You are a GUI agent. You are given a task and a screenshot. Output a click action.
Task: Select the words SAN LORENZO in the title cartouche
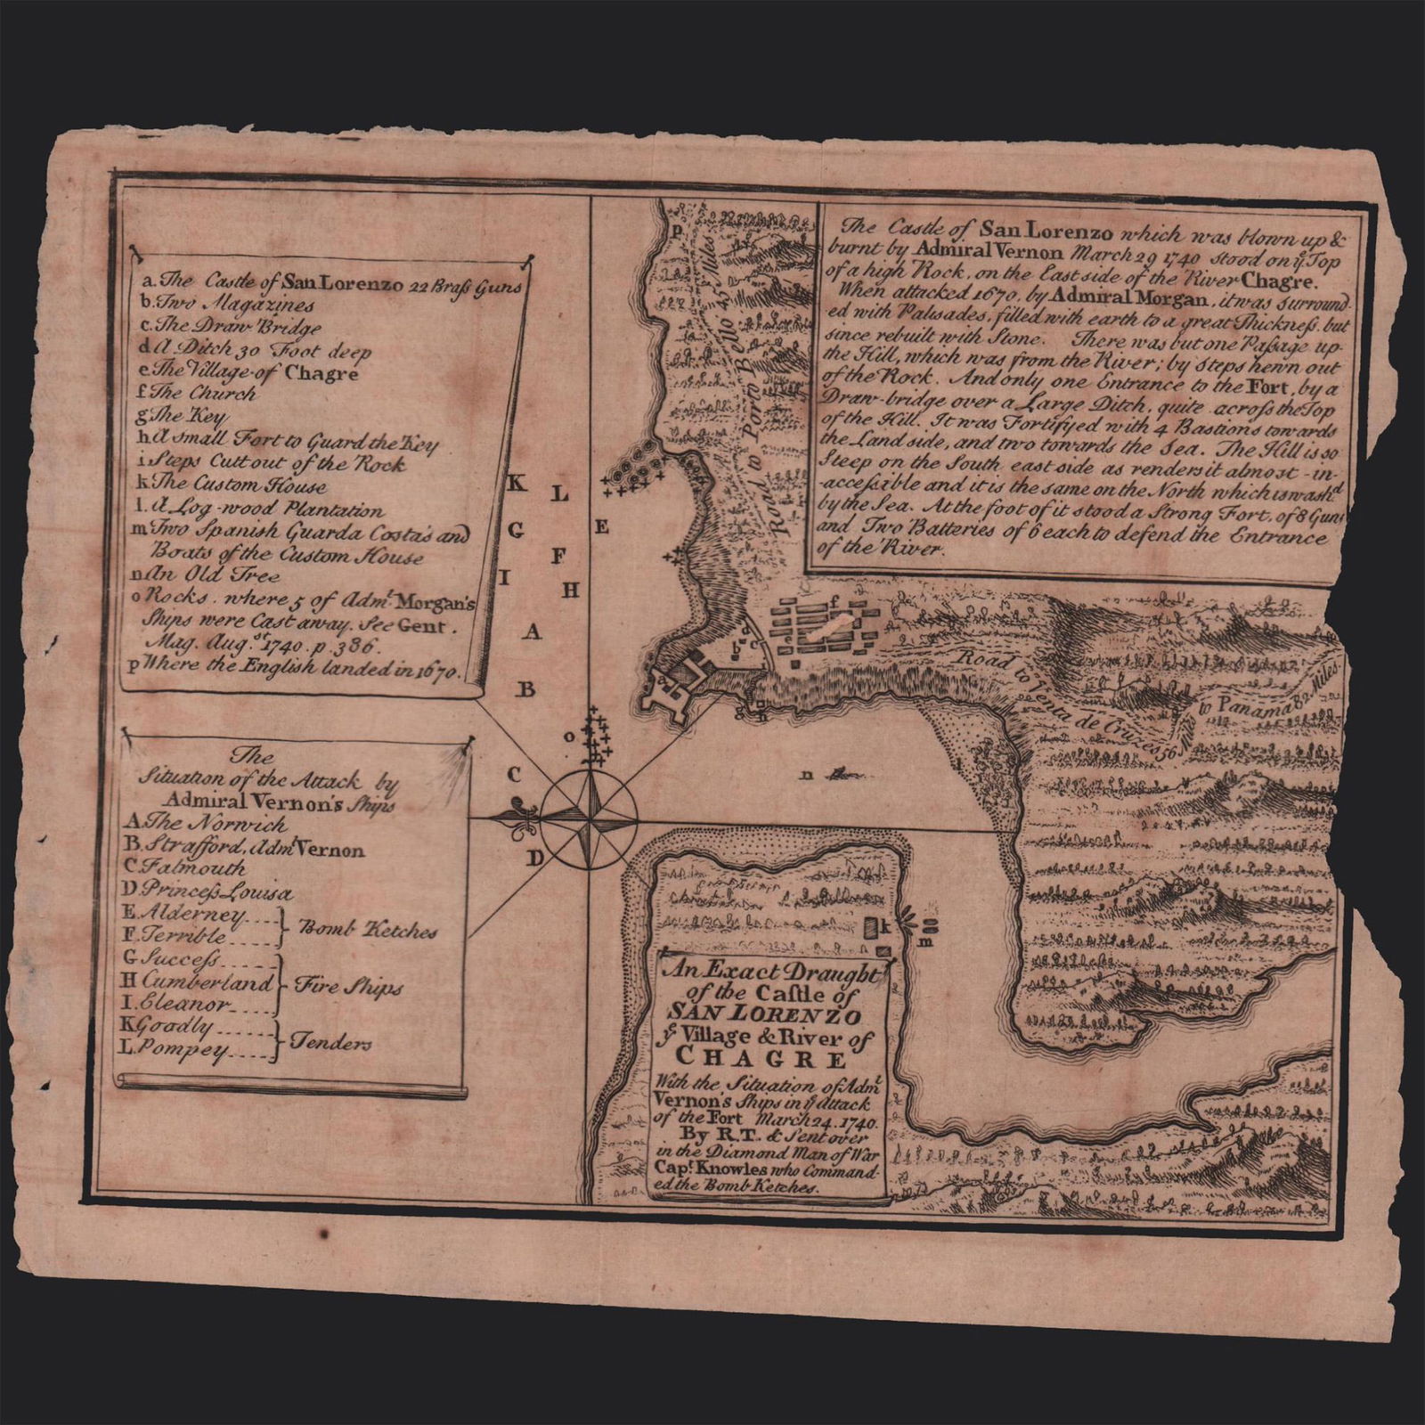click(771, 1017)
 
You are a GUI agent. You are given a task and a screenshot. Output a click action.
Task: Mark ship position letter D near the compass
click(535, 859)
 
